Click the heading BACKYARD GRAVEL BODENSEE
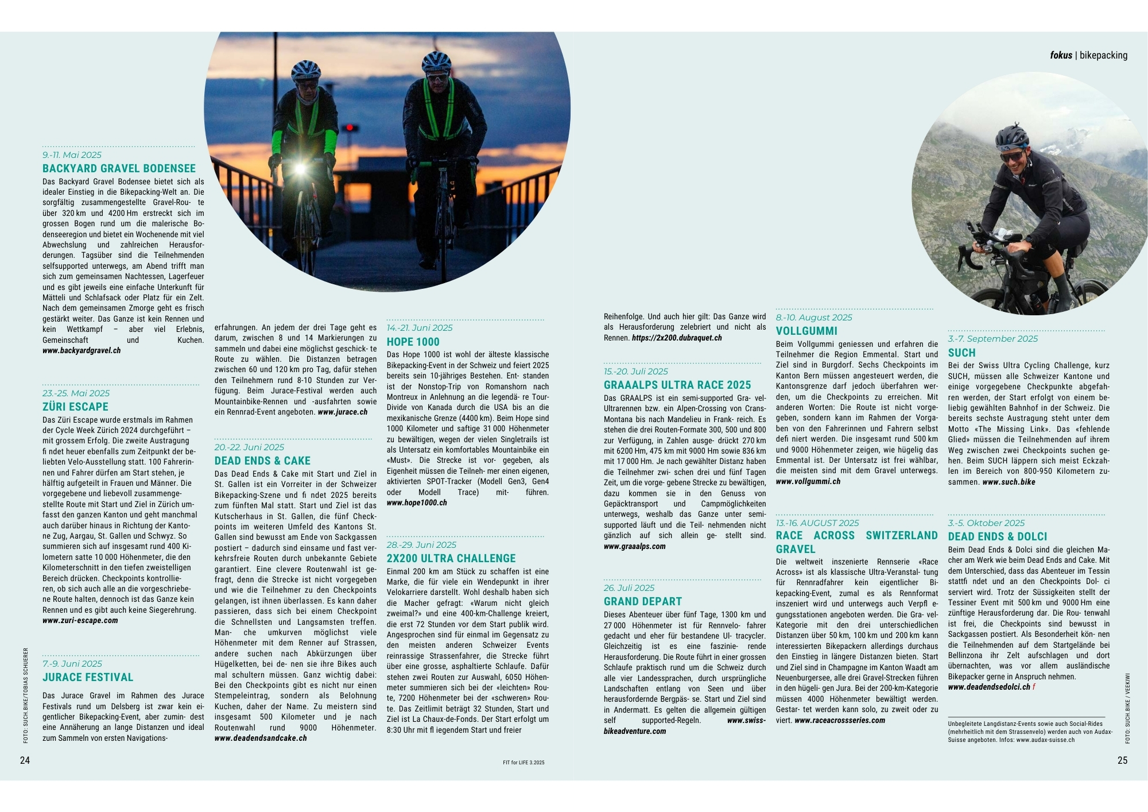(x=119, y=168)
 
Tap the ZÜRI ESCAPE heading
(x=75, y=407)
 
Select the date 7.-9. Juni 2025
(x=72, y=663)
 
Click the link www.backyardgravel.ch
(x=82, y=350)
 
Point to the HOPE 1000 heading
(x=413, y=342)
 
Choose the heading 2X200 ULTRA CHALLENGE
(x=451, y=558)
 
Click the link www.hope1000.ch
(x=417, y=502)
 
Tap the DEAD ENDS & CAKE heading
(x=262, y=461)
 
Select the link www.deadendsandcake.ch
(x=261, y=738)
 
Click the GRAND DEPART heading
(x=642, y=601)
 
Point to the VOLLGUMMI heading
(x=806, y=331)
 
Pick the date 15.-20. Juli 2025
(x=636, y=372)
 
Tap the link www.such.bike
(x=1009, y=482)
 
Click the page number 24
(x=25, y=760)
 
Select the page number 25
(x=1122, y=760)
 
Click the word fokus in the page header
(x=1061, y=55)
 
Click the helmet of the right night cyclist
(x=436, y=61)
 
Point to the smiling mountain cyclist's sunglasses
(x=1012, y=156)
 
